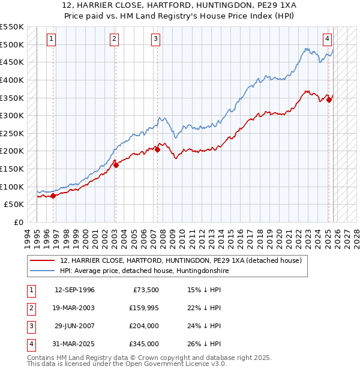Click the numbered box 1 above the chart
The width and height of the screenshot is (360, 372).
tap(52, 40)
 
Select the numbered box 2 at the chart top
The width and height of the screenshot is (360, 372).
tap(114, 40)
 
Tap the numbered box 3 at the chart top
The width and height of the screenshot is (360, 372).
tap(155, 40)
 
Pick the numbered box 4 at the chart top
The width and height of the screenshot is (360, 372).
tap(328, 40)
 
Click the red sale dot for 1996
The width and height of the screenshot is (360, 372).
tap(53, 196)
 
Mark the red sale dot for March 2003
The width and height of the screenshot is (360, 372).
tap(116, 165)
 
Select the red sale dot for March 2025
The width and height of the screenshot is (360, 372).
tap(329, 100)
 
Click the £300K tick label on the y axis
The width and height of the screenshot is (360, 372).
tap(12, 115)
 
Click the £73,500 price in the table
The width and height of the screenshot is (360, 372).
tap(146, 290)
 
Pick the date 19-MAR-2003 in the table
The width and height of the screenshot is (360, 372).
tap(74, 308)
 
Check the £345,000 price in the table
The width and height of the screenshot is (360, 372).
tap(144, 344)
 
